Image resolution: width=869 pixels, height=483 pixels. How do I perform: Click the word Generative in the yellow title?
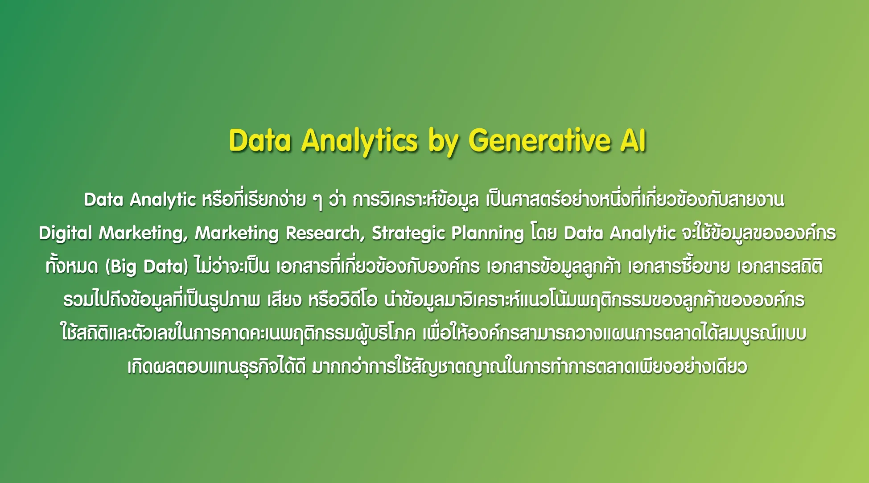pyautogui.click(x=539, y=140)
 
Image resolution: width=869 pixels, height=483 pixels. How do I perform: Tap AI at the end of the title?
pyautogui.click(x=633, y=140)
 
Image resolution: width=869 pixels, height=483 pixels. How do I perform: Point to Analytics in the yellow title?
pyautogui.click(x=360, y=142)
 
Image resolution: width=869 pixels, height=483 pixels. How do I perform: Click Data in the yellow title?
pyautogui.click(x=260, y=140)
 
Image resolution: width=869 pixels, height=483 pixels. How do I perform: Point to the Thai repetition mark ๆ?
pyautogui.click(x=317, y=201)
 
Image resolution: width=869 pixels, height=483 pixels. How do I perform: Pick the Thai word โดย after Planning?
pyautogui.click(x=544, y=233)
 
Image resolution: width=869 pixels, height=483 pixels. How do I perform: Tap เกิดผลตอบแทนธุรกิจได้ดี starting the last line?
pyautogui.click(x=217, y=366)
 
